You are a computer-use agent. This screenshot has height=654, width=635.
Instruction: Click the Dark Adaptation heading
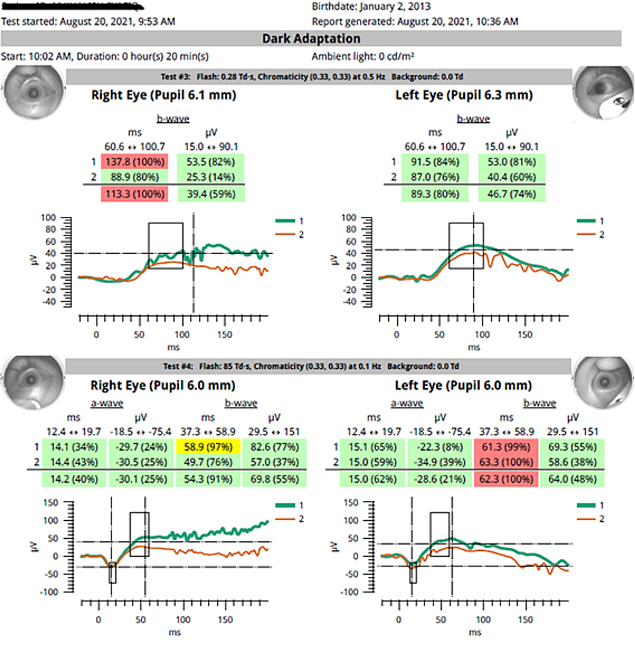tap(311, 39)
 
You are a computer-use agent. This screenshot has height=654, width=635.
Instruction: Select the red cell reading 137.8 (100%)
tap(134, 161)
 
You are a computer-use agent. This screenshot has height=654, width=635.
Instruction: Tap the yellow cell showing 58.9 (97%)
tap(207, 446)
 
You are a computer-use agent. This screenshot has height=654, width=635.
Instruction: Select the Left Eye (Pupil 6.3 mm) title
tap(464, 95)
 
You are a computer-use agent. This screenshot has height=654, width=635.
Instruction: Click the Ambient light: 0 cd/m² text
tap(364, 56)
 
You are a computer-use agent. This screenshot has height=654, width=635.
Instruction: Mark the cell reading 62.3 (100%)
tap(506, 478)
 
